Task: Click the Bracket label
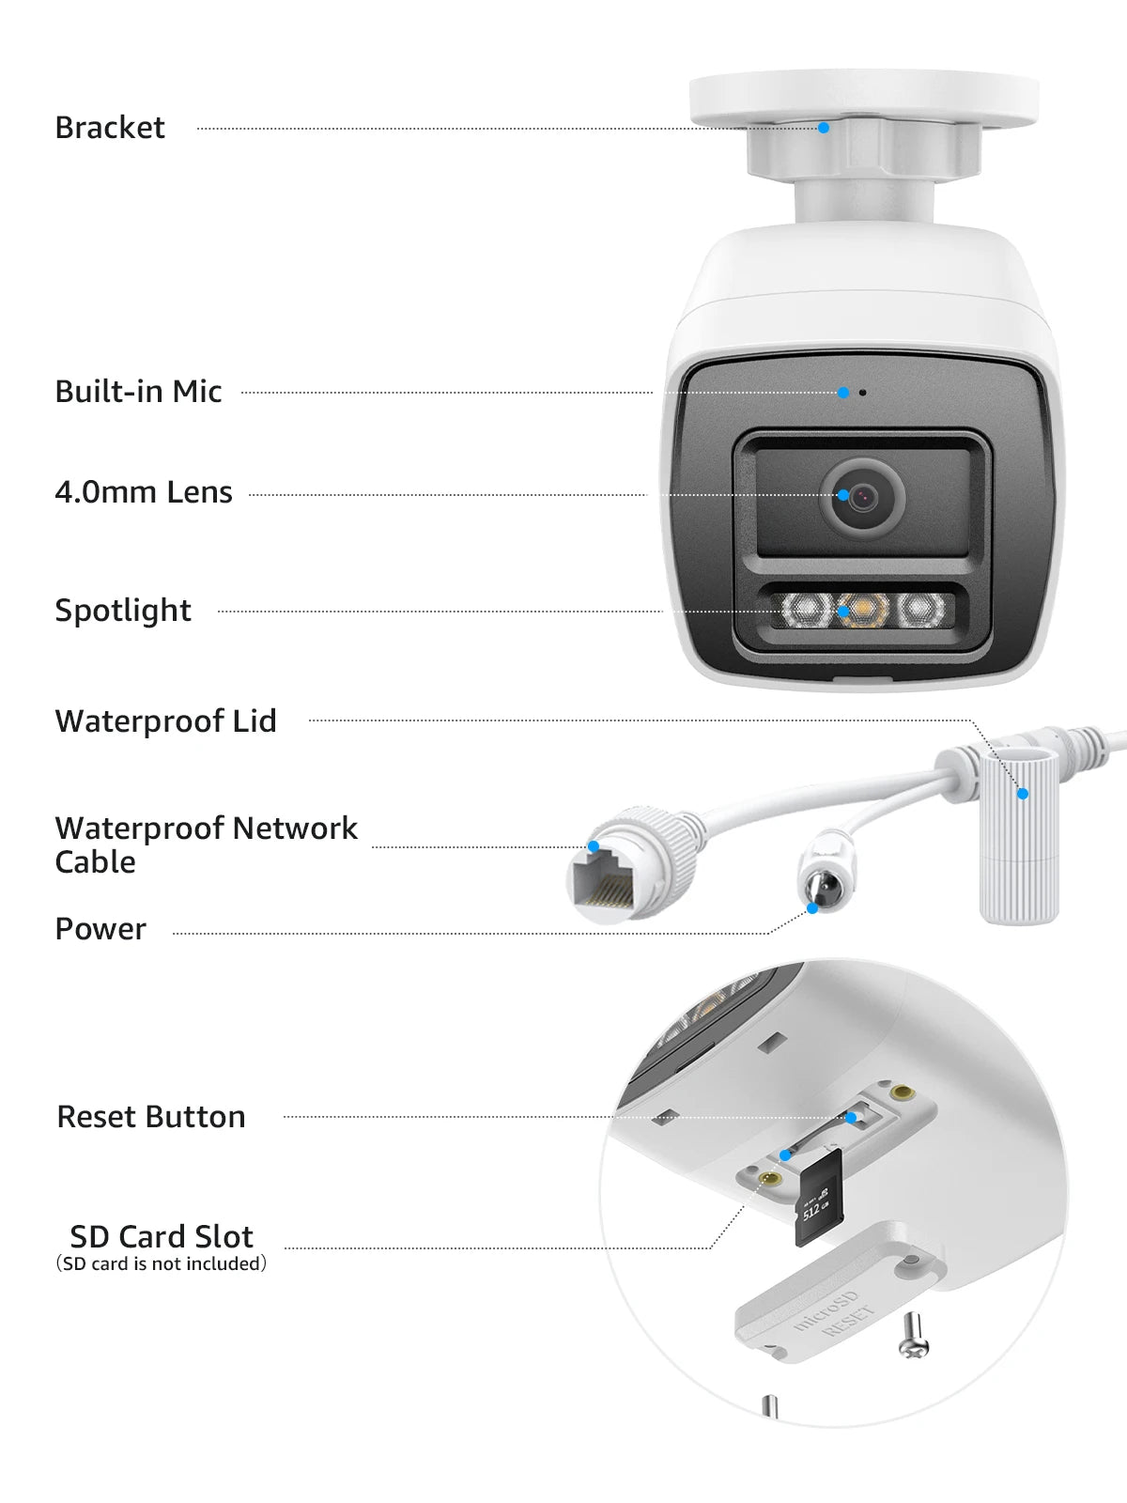coord(110,128)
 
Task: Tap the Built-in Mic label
coord(138,392)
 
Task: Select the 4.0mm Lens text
coord(144,492)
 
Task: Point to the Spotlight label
coord(123,611)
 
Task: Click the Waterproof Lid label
coord(166,721)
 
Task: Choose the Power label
coord(100,929)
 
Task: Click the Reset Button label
coord(151,1117)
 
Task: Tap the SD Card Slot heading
coord(162,1236)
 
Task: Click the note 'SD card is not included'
coord(162,1264)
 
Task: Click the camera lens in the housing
coord(862,496)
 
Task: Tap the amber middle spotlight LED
coord(862,611)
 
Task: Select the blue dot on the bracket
coord(824,128)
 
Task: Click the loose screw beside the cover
coord(914,1336)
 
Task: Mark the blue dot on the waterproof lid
coord(1023,794)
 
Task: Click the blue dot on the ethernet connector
coord(594,846)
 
